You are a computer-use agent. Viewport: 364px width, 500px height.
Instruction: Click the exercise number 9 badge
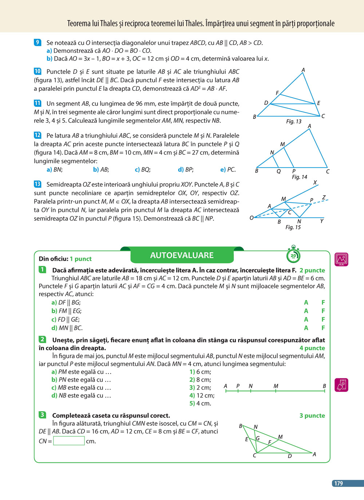click(37, 43)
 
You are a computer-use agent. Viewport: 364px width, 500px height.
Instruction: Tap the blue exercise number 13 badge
click(37, 184)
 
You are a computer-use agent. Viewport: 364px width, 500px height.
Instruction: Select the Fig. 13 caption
click(293, 122)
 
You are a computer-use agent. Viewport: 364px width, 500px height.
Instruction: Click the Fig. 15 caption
click(293, 227)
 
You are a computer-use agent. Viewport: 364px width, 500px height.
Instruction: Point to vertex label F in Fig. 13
click(277, 93)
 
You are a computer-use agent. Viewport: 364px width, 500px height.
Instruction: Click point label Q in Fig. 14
click(278, 171)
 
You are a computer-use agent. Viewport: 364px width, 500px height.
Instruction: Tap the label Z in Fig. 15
click(324, 198)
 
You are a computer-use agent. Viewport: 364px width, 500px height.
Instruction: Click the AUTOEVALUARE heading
click(182, 255)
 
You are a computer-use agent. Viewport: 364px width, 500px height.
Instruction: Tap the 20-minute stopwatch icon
click(293, 255)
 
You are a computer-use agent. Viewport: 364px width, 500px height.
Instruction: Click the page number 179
click(339, 483)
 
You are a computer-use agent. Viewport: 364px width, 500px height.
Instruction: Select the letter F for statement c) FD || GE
click(323, 319)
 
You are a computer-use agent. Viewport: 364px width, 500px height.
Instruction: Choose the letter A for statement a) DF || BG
click(306, 303)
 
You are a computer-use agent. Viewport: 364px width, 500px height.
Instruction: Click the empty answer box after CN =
click(69, 441)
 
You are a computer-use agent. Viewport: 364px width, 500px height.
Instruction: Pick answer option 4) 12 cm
click(202, 395)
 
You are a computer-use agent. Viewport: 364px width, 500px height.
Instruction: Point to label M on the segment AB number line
click(276, 386)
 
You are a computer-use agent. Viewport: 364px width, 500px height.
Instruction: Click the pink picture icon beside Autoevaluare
click(341, 259)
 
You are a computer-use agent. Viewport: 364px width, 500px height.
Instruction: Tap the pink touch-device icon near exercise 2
click(341, 385)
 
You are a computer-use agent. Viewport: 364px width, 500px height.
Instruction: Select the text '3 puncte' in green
click(312, 416)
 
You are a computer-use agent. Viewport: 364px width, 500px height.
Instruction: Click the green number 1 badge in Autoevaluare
click(42, 270)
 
